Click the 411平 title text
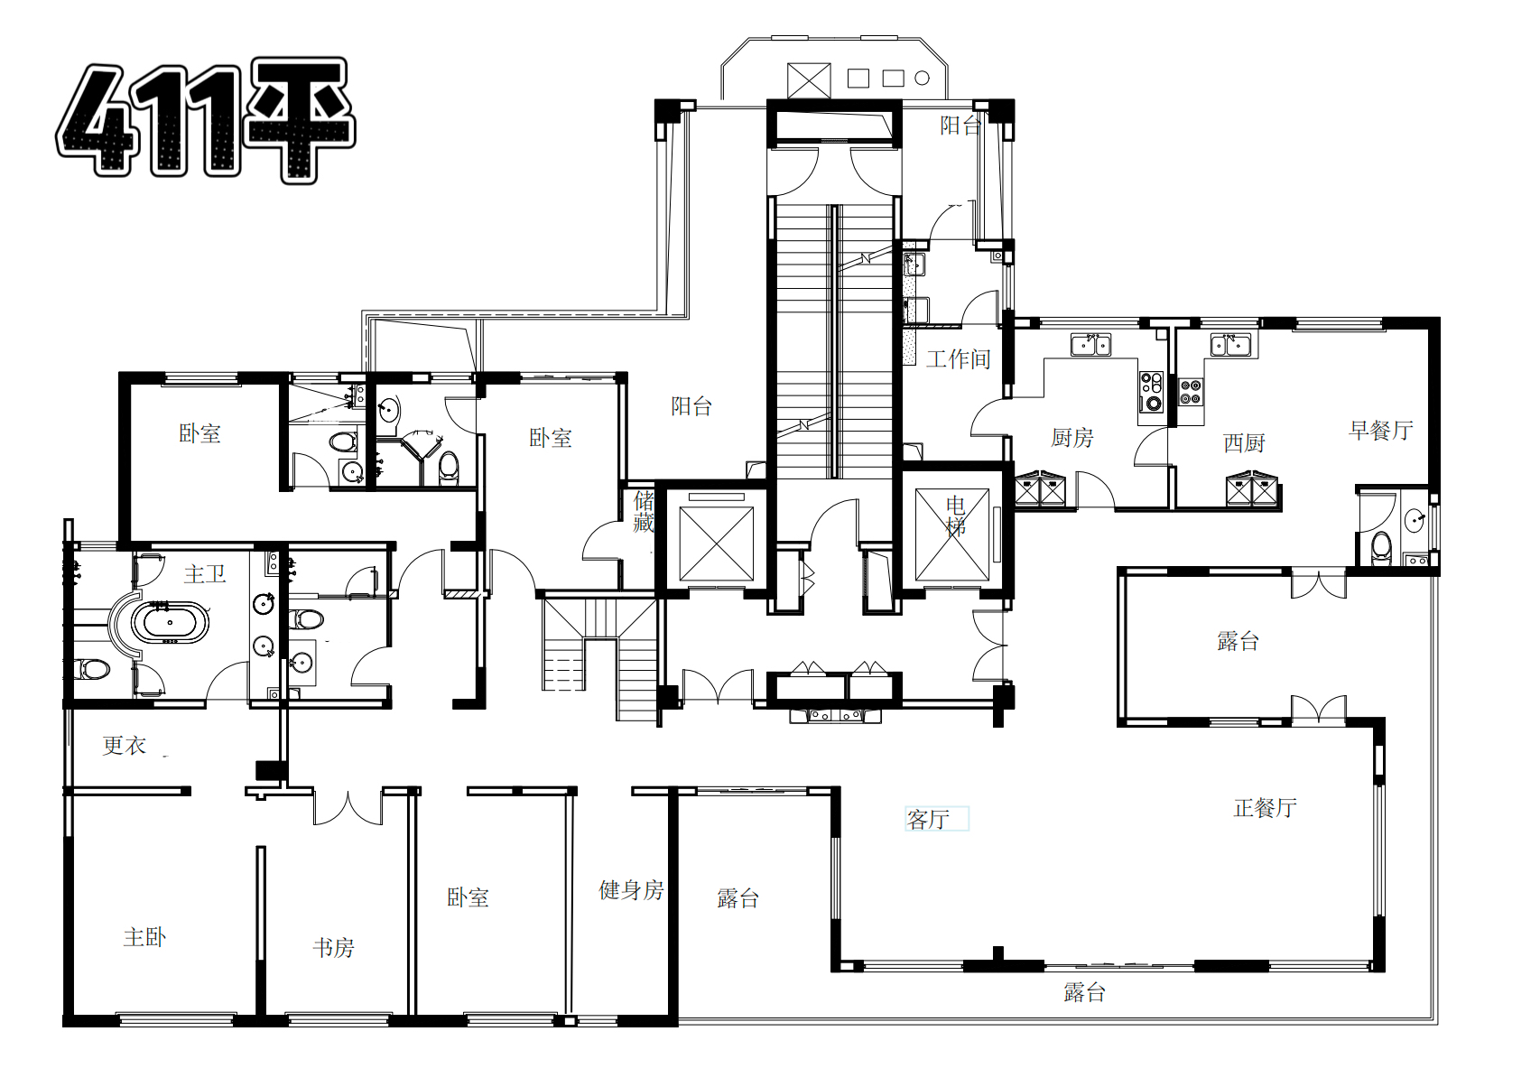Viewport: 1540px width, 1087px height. pos(206,121)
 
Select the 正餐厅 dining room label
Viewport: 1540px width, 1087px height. pos(1266,808)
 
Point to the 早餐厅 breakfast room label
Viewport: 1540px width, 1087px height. pos(1381,431)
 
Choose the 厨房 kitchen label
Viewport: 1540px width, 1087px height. pos(1072,437)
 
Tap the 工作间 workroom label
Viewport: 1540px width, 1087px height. pos(959,359)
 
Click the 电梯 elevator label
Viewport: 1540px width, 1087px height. pos(956,516)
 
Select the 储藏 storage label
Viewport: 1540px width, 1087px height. pos(644,511)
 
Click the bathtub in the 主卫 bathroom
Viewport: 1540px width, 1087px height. pos(169,623)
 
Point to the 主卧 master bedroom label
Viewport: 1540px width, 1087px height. pos(145,937)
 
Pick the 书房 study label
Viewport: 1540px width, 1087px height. pos(334,948)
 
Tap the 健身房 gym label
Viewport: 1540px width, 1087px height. pos(631,890)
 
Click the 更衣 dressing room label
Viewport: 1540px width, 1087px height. pos(125,746)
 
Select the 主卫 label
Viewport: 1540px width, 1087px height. pos(205,574)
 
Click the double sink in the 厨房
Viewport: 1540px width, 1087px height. pos(1091,345)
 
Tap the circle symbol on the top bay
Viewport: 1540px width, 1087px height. pos(922,79)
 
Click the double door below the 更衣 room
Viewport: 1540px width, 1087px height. pos(348,807)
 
